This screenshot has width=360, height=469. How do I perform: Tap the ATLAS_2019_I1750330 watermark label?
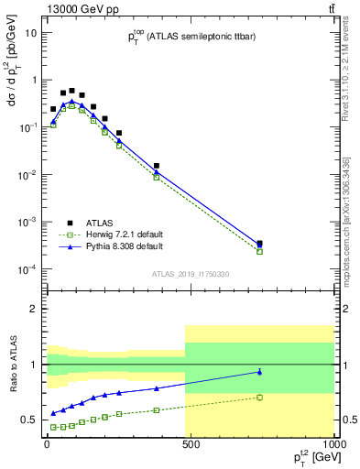[190, 273]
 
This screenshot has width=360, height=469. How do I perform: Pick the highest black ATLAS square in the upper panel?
[71, 91]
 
